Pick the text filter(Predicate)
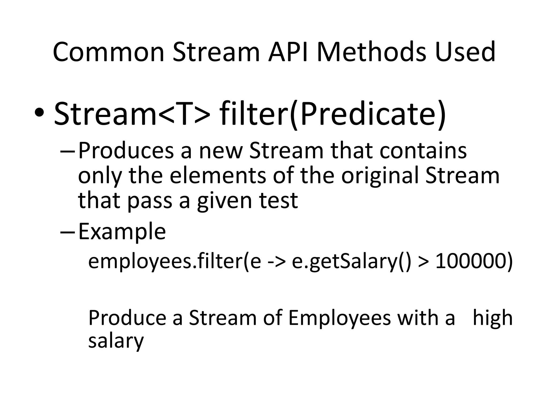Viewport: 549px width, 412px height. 332,114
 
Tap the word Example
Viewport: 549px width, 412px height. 122,231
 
